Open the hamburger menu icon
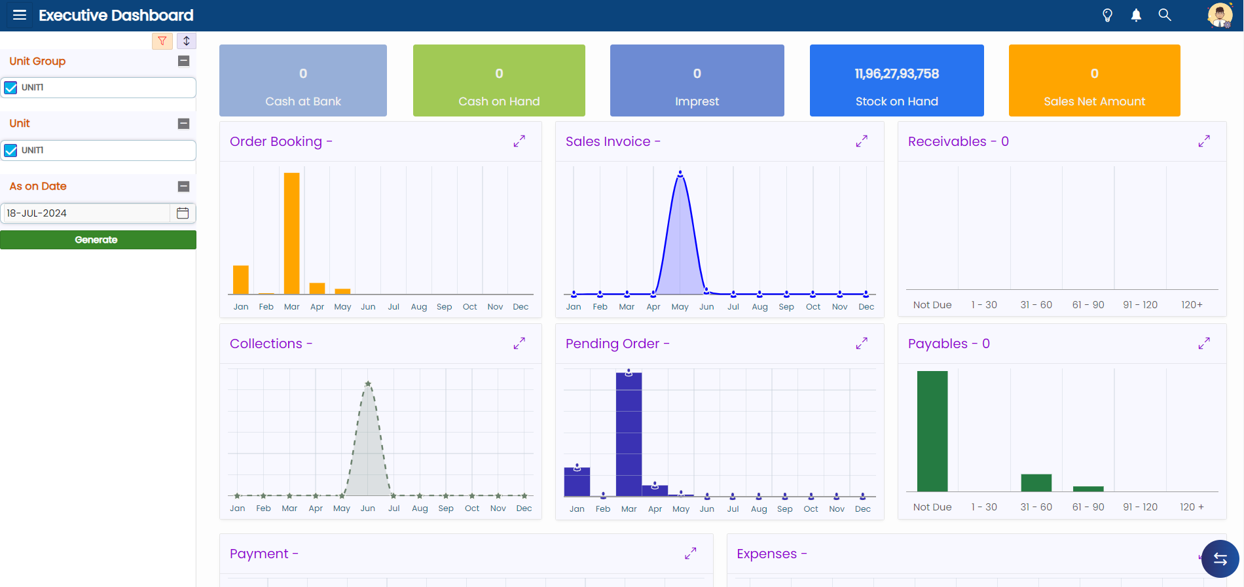20,15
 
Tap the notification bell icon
1136,15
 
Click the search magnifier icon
1165,14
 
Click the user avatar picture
1220,15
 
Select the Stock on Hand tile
897,80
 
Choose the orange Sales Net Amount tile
1095,80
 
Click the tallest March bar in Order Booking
292,234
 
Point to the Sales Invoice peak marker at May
680,174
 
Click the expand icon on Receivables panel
1204,141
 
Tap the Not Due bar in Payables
932,431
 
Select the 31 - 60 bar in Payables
1036,483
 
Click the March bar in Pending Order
629,435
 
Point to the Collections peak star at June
368,384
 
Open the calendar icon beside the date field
183,213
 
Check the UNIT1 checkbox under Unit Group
10,88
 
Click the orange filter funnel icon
162,41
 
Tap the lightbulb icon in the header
1107,15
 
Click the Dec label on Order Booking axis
521,306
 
